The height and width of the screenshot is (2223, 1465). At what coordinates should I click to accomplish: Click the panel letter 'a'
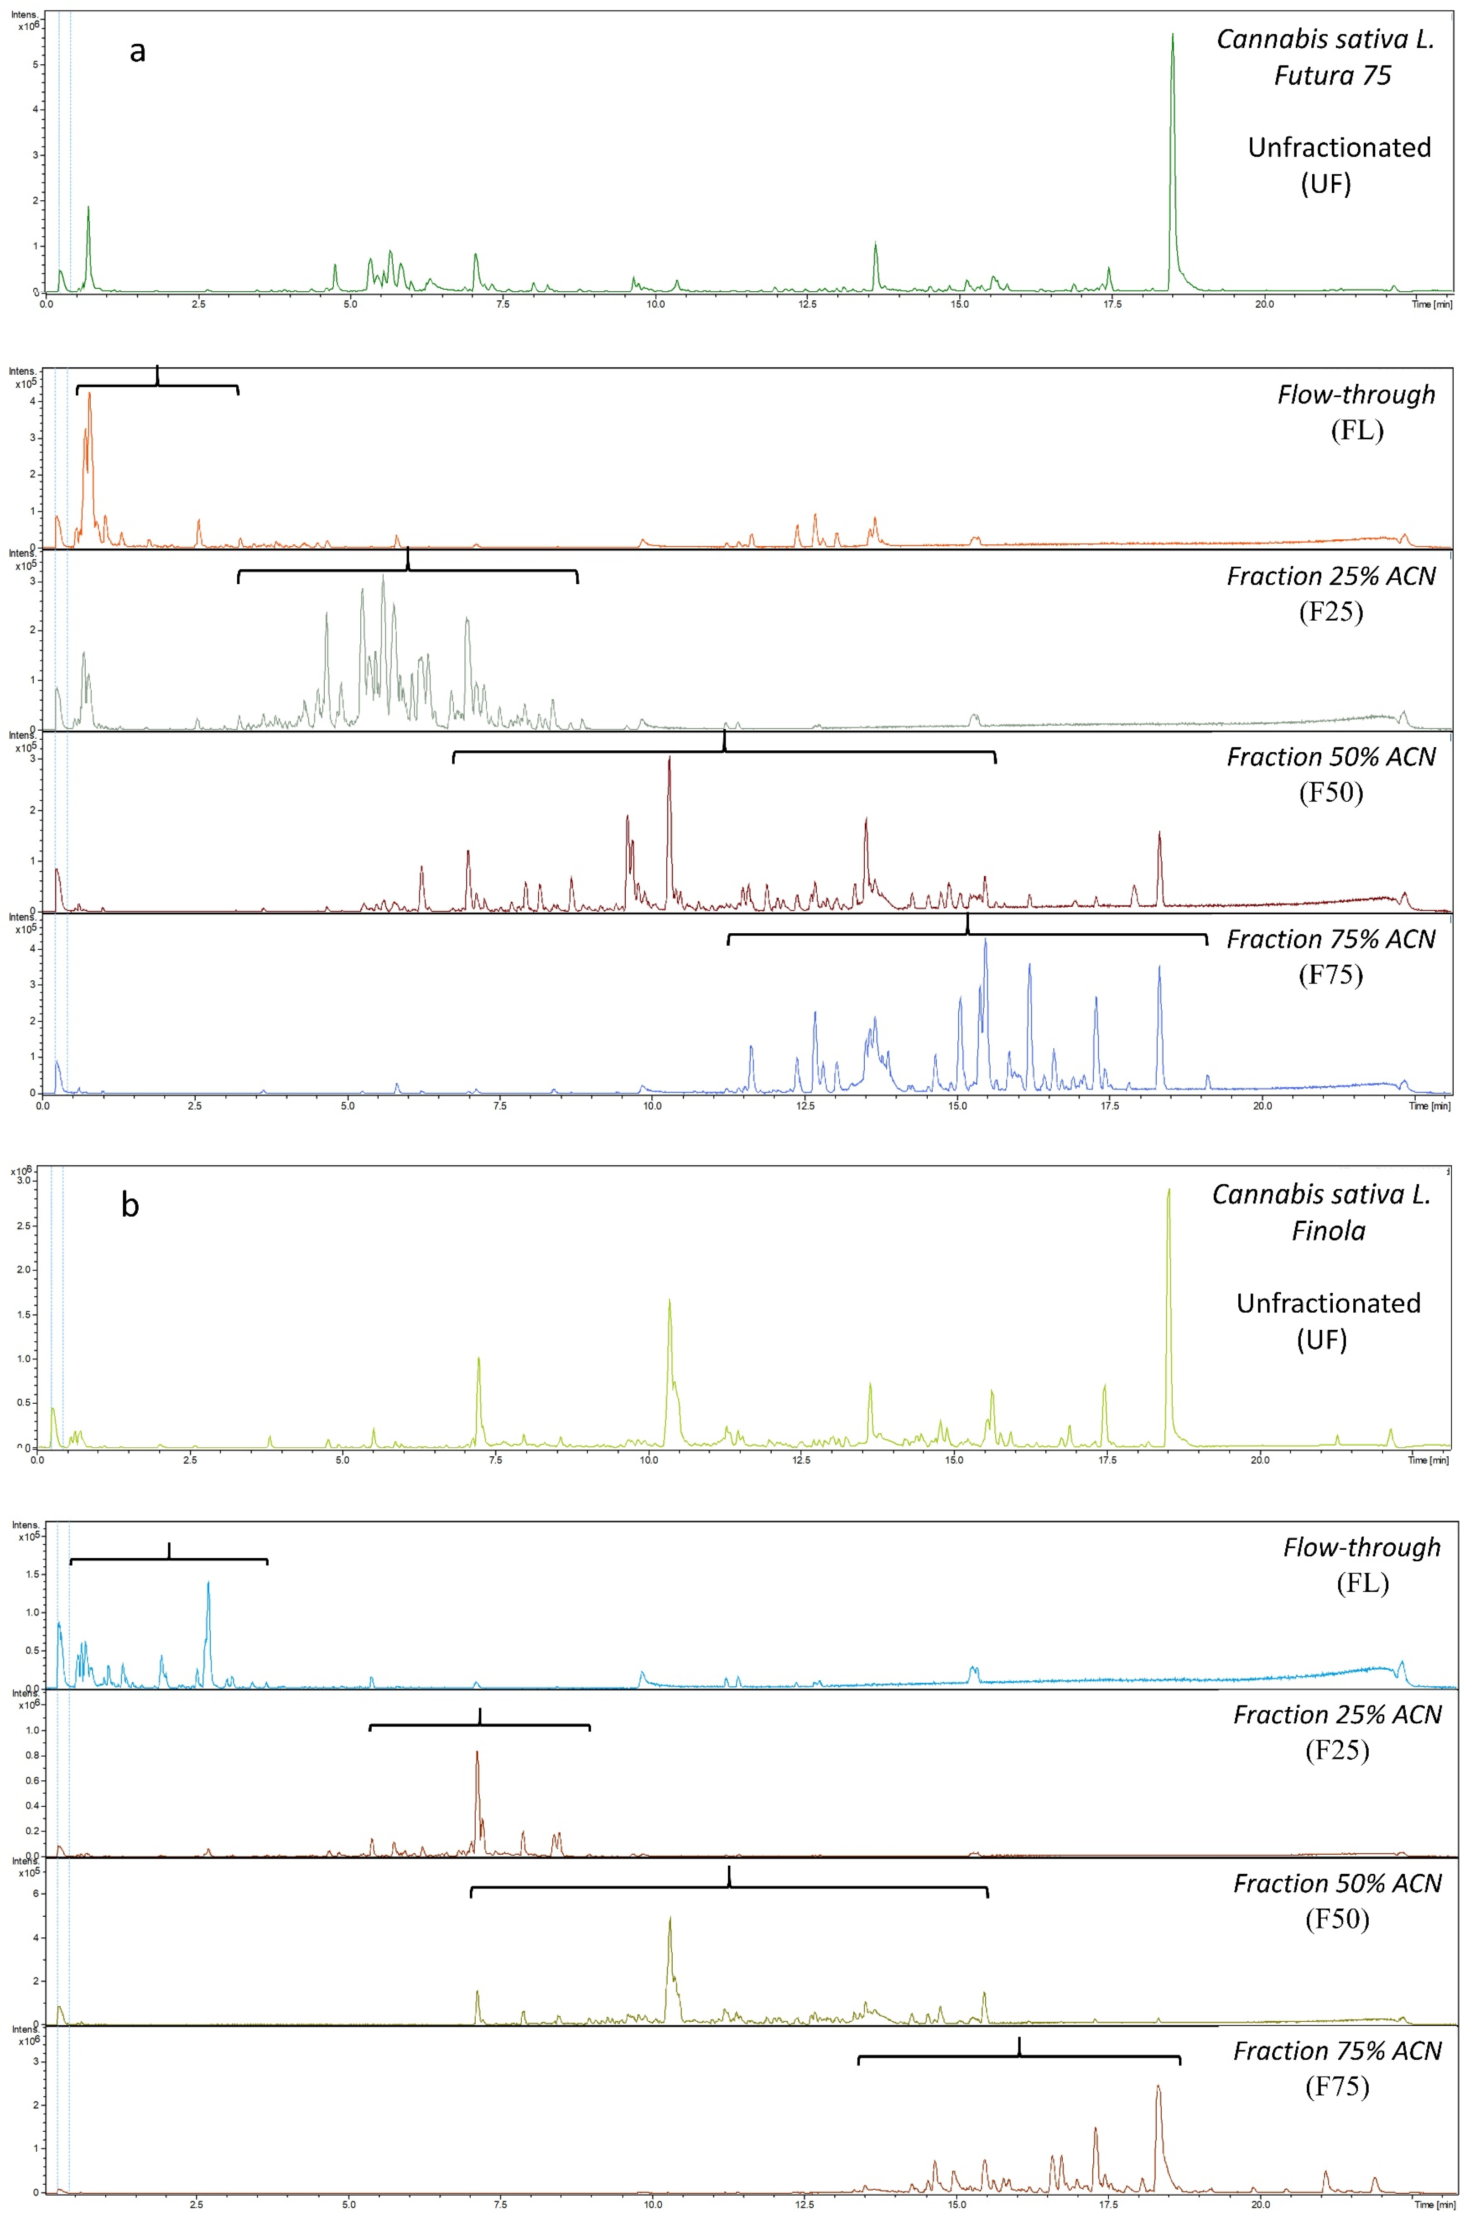(137, 52)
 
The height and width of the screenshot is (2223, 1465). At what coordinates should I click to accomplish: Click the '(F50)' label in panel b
(1337, 1919)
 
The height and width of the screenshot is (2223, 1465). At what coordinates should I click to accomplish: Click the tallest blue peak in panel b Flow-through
(208, 1583)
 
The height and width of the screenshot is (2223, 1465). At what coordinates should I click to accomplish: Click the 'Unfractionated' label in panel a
(1339, 148)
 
